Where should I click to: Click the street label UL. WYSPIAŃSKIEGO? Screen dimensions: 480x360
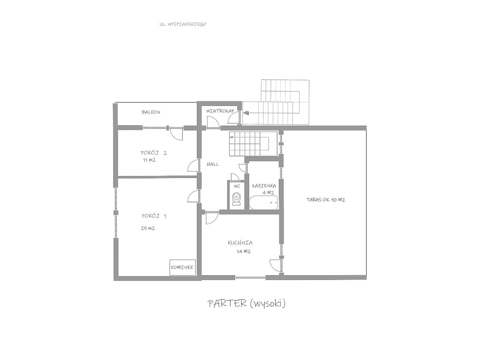(x=183, y=24)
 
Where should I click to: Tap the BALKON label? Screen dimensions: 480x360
(x=151, y=112)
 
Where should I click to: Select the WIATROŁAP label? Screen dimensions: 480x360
(x=220, y=111)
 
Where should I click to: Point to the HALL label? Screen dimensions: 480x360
(x=212, y=164)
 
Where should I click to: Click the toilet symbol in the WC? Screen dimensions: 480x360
(x=236, y=199)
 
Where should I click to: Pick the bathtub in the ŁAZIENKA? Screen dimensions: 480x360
(x=264, y=203)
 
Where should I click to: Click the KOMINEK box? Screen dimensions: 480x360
(x=182, y=267)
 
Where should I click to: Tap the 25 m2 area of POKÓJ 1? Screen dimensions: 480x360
(x=148, y=228)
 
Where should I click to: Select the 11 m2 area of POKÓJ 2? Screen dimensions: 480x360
(x=149, y=160)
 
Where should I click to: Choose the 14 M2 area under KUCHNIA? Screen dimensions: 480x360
(x=244, y=251)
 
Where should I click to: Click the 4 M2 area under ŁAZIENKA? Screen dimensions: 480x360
(x=268, y=192)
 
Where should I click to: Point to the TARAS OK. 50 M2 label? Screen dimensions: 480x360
(x=326, y=200)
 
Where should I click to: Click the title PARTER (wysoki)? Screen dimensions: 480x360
(x=246, y=303)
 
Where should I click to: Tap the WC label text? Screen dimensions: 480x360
(x=237, y=186)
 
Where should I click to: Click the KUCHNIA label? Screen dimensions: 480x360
(x=240, y=243)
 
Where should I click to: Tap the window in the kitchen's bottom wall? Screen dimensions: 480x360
(x=250, y=278)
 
